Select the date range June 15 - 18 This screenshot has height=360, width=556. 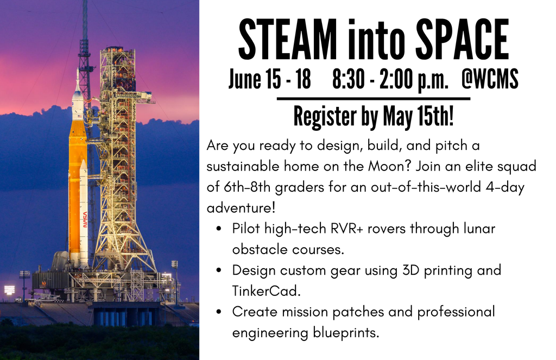[269, 80]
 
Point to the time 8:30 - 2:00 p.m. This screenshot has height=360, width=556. [390, 80]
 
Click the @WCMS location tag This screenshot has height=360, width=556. [489, 80]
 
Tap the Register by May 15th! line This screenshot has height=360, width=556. [373, 116]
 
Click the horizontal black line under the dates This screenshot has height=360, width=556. [373, 99]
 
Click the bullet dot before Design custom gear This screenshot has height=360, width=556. [219, 270]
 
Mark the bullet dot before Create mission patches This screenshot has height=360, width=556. [219, 312]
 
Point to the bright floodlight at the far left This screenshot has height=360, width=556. [9, 290]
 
